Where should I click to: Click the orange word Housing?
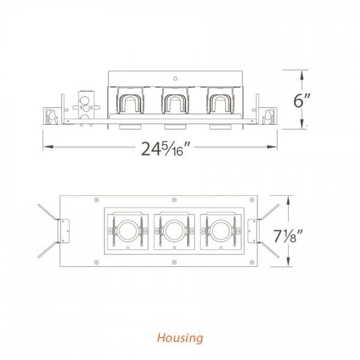[180, 337]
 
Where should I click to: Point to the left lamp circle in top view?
[126, 229]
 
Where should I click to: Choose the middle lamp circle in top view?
[173, 229]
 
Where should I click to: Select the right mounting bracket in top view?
[253, 230]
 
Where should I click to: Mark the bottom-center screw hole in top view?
[173, 262]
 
